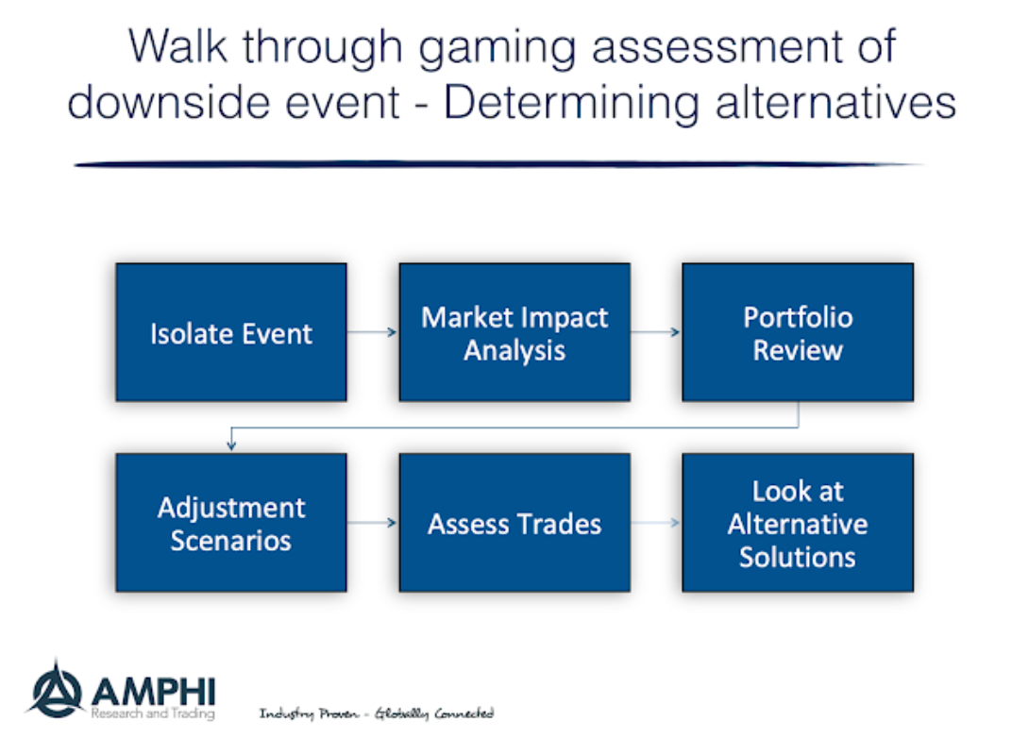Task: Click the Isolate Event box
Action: pyautogui.click(x=230, y=332)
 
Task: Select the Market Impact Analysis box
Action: pyautogui.click(x=514, y=332)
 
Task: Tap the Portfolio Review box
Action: pyautogui.click(x=798, y=332)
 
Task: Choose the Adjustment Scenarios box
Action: pyautogui.click(x=230, y=523)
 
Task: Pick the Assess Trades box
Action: pyautogui.click(x=514, y=523)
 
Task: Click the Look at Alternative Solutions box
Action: pyautogui.click(x=798, y=523)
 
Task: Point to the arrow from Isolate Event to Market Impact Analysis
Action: pyautogui.click(x=372, y=332)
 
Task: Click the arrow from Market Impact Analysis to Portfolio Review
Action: pyautogui.click(x=655, y=332)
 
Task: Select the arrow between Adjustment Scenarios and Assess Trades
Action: pyautogui.click(x=372, y=523)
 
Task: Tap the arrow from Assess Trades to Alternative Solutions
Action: pyautogui.click(x=655, y=523)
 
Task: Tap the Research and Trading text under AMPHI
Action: pyautogui.click(x=152, y=714)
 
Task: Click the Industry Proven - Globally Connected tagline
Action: pyautogui.click(x=376, y=714)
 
